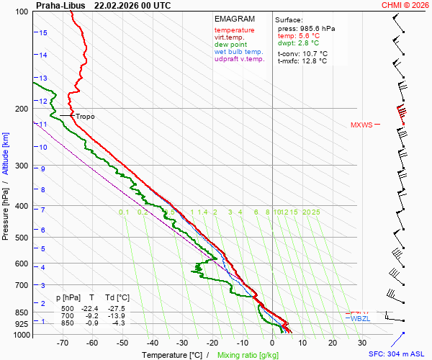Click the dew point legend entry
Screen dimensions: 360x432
(230, 44)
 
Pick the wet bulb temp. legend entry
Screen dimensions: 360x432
(239, 52)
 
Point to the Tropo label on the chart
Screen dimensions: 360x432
(85, 116)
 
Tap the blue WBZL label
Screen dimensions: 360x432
(359, 318)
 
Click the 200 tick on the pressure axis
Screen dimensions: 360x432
(21, 109)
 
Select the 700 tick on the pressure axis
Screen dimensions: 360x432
(21, 285)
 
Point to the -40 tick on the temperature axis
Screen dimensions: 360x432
(152, 343)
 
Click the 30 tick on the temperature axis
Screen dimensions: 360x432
(361, 343)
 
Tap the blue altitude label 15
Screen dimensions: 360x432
(43, 33)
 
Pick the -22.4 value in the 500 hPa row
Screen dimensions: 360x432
(92, 308)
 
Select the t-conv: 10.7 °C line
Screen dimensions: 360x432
(302, 53)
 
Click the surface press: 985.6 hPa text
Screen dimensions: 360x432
(306, 28)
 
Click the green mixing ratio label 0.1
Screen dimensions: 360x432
(124, 212)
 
